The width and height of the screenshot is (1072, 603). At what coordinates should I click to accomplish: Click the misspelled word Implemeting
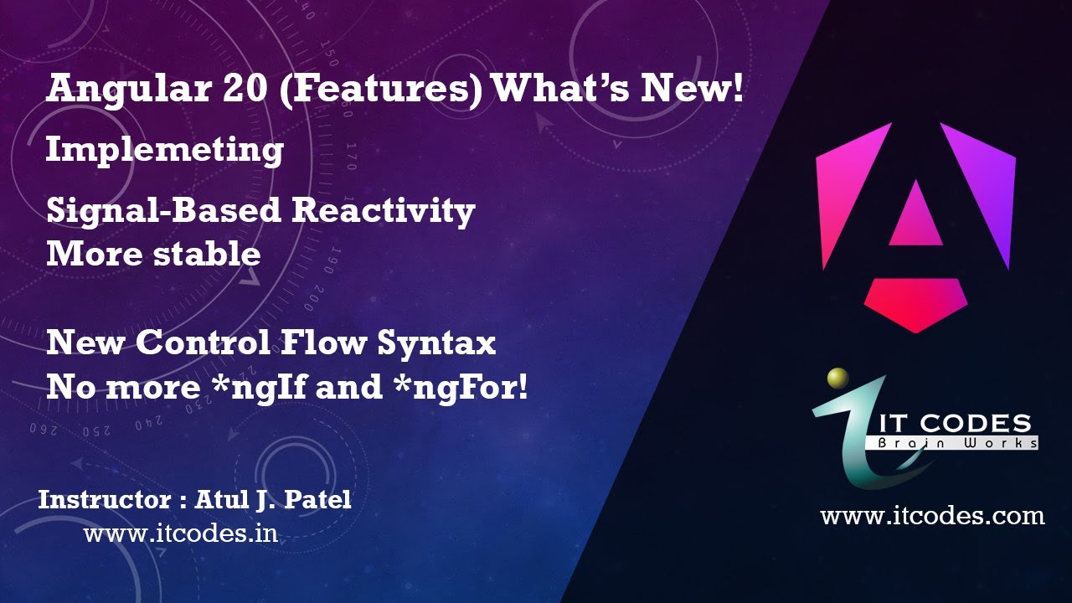point(164,151)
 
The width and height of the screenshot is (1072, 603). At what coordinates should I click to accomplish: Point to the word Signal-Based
point(163,211)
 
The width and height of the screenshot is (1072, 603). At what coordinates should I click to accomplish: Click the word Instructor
point(104,500)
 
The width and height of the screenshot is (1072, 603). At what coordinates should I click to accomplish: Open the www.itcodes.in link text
point(180,533)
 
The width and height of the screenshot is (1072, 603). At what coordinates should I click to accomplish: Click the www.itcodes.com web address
point(932,515)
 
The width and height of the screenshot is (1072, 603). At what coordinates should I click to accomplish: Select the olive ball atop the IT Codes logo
point(837,379)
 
